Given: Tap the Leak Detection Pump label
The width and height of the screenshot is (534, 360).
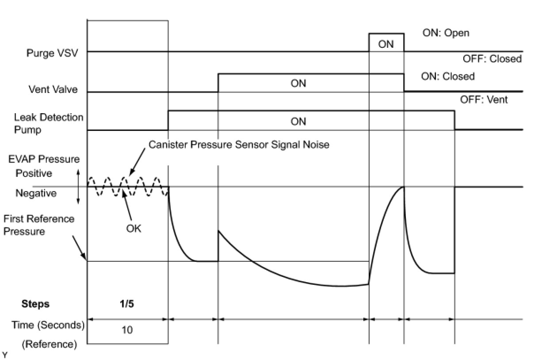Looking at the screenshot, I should tap(49, 124).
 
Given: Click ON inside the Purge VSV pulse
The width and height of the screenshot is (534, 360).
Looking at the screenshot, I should tap(386, 44).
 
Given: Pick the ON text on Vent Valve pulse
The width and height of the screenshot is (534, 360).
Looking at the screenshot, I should tap(298, 84).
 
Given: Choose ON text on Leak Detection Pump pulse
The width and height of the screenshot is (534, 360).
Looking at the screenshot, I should tap(298, 121).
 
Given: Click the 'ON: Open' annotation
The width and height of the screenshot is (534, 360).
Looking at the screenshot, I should tap(446, 33).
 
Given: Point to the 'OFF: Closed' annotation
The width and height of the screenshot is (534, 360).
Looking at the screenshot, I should tap(492, 59).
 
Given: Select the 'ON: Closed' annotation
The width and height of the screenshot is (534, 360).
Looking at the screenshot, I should tap(448, 76).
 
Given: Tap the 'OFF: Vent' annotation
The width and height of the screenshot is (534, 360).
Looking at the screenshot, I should tap(484, 100).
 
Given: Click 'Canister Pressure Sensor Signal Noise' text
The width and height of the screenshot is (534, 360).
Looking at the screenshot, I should tap(239, 145).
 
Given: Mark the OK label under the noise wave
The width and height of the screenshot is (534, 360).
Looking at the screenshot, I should tap(133, 229).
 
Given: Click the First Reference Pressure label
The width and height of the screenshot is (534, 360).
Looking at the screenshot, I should tap(39, 225).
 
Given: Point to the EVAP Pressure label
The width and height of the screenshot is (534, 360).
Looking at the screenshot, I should tap(44, 159).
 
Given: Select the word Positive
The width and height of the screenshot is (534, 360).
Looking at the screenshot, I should tap(34, 173).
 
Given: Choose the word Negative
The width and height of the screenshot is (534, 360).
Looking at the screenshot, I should tap(36, 193).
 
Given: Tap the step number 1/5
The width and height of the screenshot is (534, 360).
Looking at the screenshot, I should tap(127, 304).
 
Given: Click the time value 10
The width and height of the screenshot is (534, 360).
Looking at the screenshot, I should tap(127, 330).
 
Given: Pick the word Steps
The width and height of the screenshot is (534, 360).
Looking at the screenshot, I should tap(35, 304).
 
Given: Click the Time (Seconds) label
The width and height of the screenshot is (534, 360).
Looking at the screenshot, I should tap(48, 325).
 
